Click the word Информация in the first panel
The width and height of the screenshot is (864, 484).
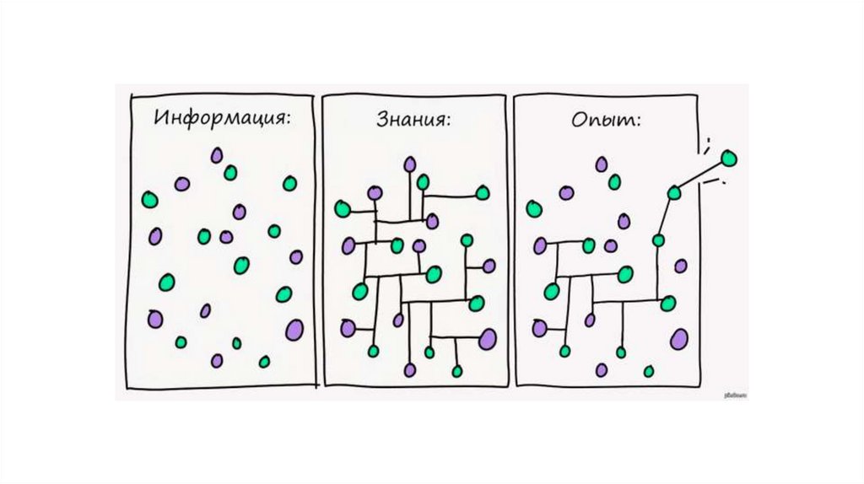pyautogui.click(x=219, y=116)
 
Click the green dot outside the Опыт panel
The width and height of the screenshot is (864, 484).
pyautogui.click(x=728, y=158)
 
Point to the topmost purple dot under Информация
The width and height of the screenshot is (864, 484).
pyautogui.click(x=217, y=155)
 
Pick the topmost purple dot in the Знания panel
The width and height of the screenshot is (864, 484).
pyautogui.click(x=409, y=164)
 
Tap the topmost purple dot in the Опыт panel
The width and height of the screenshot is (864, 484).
pyautogui.click(x=601, y=164)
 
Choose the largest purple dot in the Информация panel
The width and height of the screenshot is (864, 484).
pyautogui.click(x=294, y=328)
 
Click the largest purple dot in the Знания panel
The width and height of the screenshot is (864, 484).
pyautogui.click(x=487, y=338)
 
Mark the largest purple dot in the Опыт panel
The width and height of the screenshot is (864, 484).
pyautogui.click(x=678, y=339)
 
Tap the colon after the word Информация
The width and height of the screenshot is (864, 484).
pyautogui.click(x=288, y=117)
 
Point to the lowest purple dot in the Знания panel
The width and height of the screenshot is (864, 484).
pyautogui.click(x=409, y=369)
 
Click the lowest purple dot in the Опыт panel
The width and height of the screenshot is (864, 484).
pyautogui.click(x=601, y=369)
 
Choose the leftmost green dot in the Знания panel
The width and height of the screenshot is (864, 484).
pyautogui.click(x=342, y=208)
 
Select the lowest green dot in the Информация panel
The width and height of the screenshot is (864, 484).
pyautogui.click(x=264, y=362)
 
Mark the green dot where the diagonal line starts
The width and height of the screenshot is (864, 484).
pyautogui.click(x=673, y=193)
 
